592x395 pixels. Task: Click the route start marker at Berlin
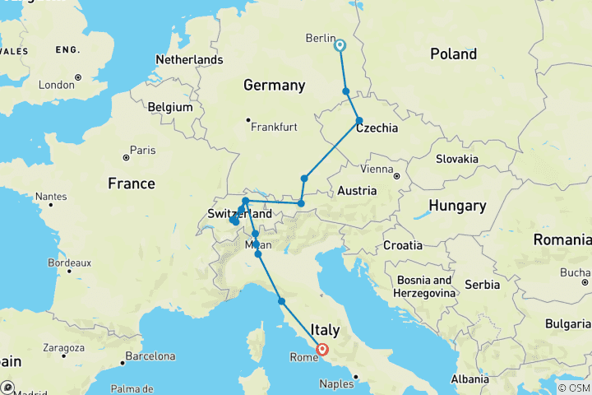click(340, 46)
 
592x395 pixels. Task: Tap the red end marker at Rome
click(322, 348)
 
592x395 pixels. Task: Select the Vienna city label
click(377, 169)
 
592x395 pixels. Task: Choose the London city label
click(57, 84)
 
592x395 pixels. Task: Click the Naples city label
click(337, 383)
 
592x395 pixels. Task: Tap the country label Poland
click(453, 54)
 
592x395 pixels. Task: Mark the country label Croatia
click(403, 245)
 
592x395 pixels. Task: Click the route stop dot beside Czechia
click(359, 121)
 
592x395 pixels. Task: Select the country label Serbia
click(482, 284)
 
